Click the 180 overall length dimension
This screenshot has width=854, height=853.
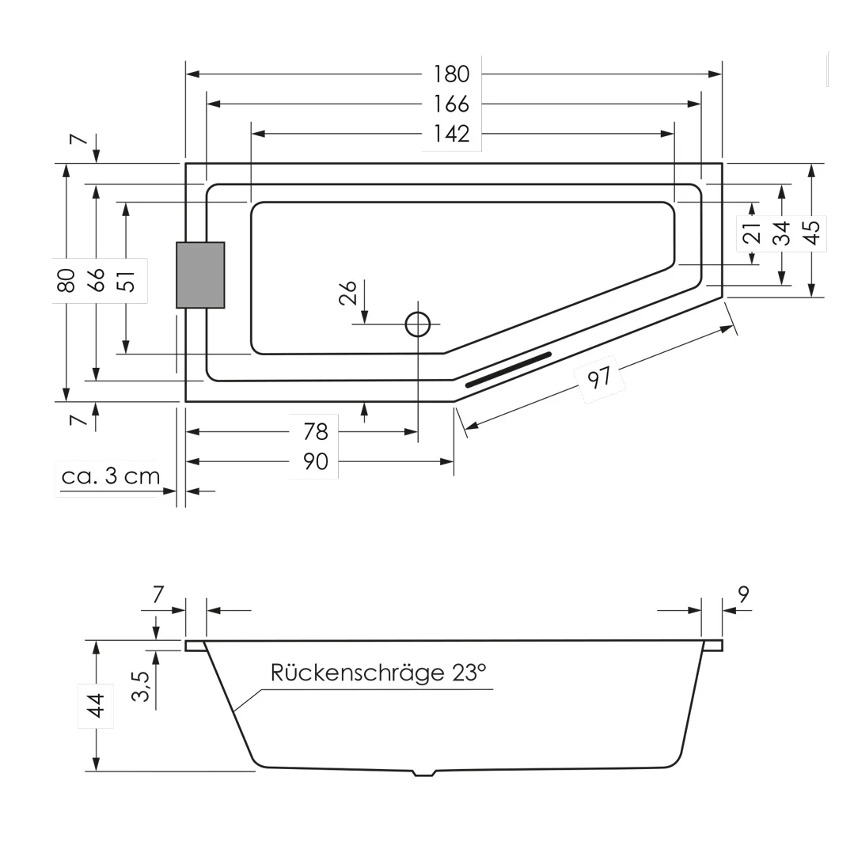[451, 74]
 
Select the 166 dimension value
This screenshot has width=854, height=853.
[451, 104]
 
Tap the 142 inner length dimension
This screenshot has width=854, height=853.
[451, 134]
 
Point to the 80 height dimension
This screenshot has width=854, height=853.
[66, 280]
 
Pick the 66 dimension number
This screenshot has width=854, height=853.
[96, 280]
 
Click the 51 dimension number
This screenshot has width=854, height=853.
[126, 280]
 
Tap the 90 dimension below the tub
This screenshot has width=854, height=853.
[315, 461]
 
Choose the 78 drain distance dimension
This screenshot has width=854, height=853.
[315, 431]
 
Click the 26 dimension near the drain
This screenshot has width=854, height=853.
[348, 293]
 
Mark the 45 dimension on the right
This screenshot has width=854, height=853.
[811, 232]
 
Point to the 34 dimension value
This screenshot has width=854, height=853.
[782, 233]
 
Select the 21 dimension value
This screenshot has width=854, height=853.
[752, 233]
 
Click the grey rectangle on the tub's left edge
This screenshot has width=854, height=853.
[200, 275]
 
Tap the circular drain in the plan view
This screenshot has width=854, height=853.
[418, 324]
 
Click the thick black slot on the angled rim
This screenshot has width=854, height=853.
[508, 370]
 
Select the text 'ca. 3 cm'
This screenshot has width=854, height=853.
[111, 476]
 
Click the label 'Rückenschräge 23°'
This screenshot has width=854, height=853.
[378, 673]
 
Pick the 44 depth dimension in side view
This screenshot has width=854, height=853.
[96, 704]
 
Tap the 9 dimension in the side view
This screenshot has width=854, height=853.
[742, 594]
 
